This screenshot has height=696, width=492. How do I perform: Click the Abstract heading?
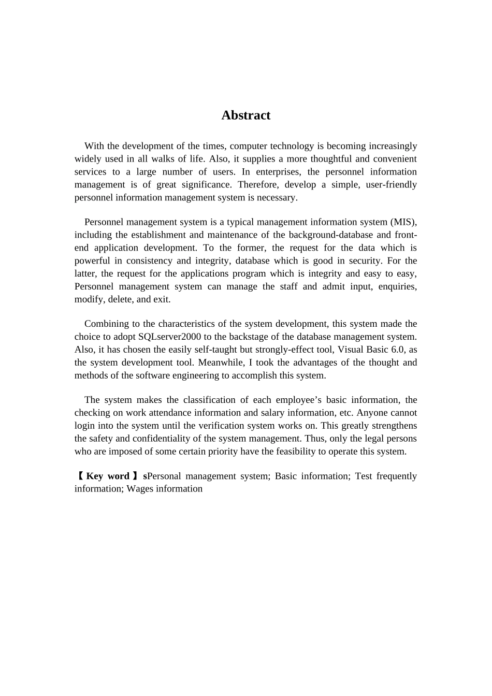(245, 115)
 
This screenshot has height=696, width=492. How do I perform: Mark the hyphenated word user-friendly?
(391, 185)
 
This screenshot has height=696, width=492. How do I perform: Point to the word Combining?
(105, 324)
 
